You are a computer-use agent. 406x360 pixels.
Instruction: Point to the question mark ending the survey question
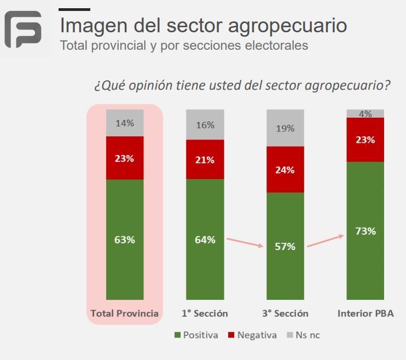point(387,85)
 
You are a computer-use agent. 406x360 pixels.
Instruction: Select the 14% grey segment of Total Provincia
point(125,123)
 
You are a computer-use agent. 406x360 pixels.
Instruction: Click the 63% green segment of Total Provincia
point(125,240)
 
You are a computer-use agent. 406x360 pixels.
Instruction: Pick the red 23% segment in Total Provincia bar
point(125,158)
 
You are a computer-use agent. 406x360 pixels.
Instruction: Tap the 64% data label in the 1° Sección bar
point(205,240)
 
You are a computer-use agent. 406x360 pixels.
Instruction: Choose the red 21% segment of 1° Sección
point(205,159)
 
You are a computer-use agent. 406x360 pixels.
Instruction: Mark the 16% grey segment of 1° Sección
point(205,125)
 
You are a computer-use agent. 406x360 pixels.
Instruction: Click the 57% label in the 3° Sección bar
point(285,246)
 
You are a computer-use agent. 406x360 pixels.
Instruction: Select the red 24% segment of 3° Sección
point(285,170)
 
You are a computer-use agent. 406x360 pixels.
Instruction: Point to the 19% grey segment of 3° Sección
point(285,129)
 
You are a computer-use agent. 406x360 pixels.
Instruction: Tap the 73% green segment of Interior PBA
point(365,231)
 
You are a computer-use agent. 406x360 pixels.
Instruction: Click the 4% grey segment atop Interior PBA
point(365,114)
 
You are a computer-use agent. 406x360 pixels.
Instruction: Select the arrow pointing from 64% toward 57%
point(245,243)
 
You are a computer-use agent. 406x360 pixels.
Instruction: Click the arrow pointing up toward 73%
point(325,241)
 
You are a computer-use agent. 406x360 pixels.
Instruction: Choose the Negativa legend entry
point(252,335)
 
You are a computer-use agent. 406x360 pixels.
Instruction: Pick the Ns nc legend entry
point(304,335)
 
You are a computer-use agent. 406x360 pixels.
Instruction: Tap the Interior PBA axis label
point(365,313)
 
